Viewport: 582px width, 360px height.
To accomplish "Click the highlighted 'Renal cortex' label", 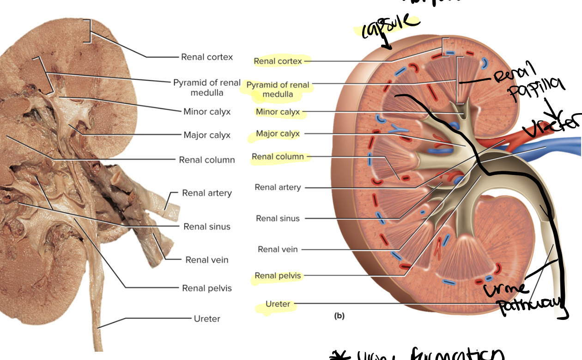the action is click(278, 61).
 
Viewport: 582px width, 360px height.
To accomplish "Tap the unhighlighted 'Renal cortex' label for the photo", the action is click(207, 57).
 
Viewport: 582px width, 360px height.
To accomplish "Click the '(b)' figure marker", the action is click(339, 316).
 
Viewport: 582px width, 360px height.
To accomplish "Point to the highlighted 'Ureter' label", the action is click(278, 304).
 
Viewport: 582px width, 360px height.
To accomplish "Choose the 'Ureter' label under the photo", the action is click(207, 318).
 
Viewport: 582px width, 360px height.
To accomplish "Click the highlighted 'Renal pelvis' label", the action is click(278, 276).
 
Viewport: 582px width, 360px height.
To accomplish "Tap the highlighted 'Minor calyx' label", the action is click(278, 112).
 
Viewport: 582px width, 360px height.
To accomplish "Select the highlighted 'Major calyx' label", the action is click(278, 133).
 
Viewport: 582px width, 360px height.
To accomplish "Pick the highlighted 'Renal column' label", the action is click(278, 156).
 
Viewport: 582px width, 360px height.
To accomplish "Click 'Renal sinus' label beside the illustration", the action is click(278, 218).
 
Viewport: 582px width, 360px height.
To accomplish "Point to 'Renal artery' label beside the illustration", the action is click(278, 187).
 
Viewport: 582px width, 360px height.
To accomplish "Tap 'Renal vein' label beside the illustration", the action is click(278, 249).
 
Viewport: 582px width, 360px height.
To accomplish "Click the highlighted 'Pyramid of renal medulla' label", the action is click(278, 90).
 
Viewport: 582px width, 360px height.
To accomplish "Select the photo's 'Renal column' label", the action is click(207, 160).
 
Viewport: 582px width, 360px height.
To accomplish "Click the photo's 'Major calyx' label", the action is click(207, 135).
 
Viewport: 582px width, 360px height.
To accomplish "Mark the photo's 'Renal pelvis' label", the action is click(207, 288).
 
